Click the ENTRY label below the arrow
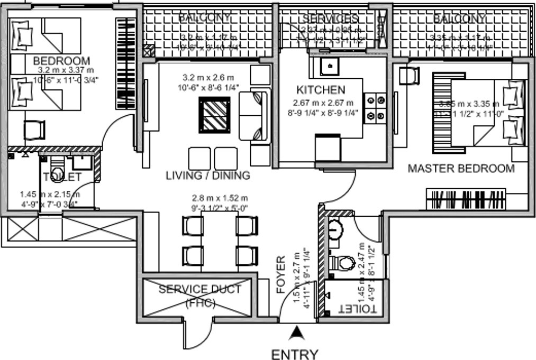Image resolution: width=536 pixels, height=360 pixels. tap(295, 354)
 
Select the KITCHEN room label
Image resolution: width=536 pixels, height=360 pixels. tap(321, 90)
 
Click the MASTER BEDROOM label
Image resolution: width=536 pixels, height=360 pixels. tap(461, 169)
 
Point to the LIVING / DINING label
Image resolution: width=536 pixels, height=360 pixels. tap(207, 175)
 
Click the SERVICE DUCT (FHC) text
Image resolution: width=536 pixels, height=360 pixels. tap(199, 296)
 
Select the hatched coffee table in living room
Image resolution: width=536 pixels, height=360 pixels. tap(215, 115)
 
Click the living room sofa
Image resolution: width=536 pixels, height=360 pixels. tap(254, 115)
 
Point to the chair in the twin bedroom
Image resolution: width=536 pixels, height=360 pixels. tap(35, 128)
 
